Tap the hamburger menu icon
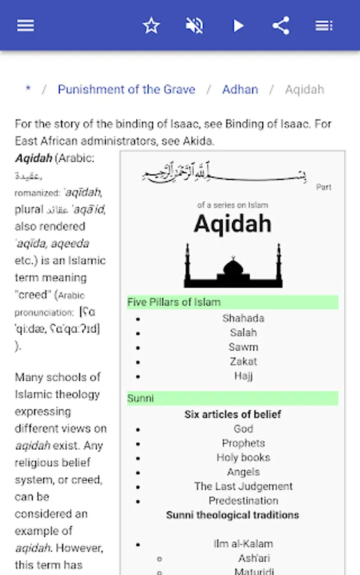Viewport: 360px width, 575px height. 26,26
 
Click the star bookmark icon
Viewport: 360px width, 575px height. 151,26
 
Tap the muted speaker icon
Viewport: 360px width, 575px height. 194,26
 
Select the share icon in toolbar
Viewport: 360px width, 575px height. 281,26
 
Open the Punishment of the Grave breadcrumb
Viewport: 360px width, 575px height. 126,89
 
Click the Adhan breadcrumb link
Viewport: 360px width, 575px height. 240,89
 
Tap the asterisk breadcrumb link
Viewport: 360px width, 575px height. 27,89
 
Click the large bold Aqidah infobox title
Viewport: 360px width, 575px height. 232,224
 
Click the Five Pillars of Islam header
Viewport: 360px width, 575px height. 174,302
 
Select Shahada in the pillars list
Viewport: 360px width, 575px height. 243,318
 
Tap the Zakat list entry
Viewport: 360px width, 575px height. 243,362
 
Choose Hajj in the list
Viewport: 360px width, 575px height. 243,376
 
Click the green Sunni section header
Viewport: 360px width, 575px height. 141,398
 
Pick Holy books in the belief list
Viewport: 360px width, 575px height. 243,457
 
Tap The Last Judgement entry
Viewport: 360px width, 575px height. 243,486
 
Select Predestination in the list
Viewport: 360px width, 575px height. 243,501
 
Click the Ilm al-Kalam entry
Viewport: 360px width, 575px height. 243,544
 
